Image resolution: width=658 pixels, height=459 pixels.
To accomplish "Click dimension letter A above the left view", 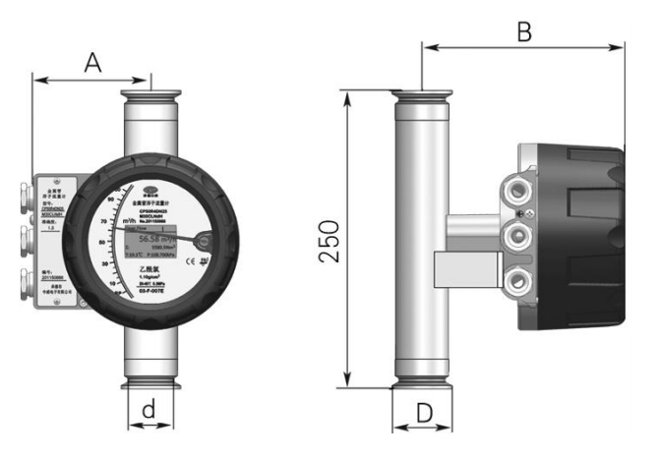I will click(93, 62).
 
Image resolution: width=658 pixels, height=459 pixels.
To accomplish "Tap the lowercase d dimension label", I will click(150, 409).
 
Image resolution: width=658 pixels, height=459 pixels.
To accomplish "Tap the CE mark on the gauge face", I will click(205, 260).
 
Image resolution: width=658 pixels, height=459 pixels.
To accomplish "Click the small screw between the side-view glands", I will click(532, 213).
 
